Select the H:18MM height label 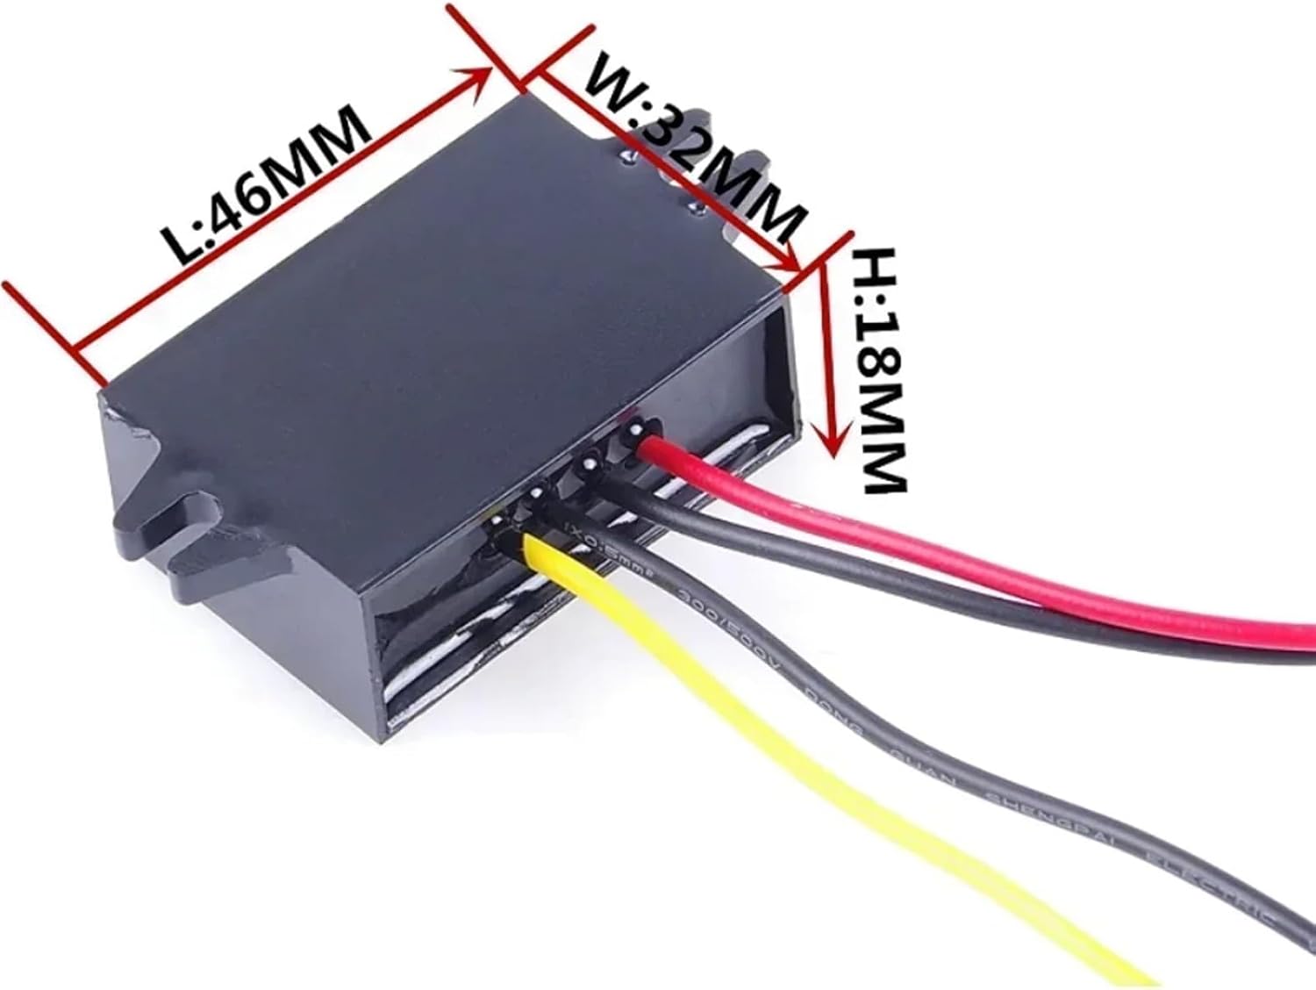(880, 369)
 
